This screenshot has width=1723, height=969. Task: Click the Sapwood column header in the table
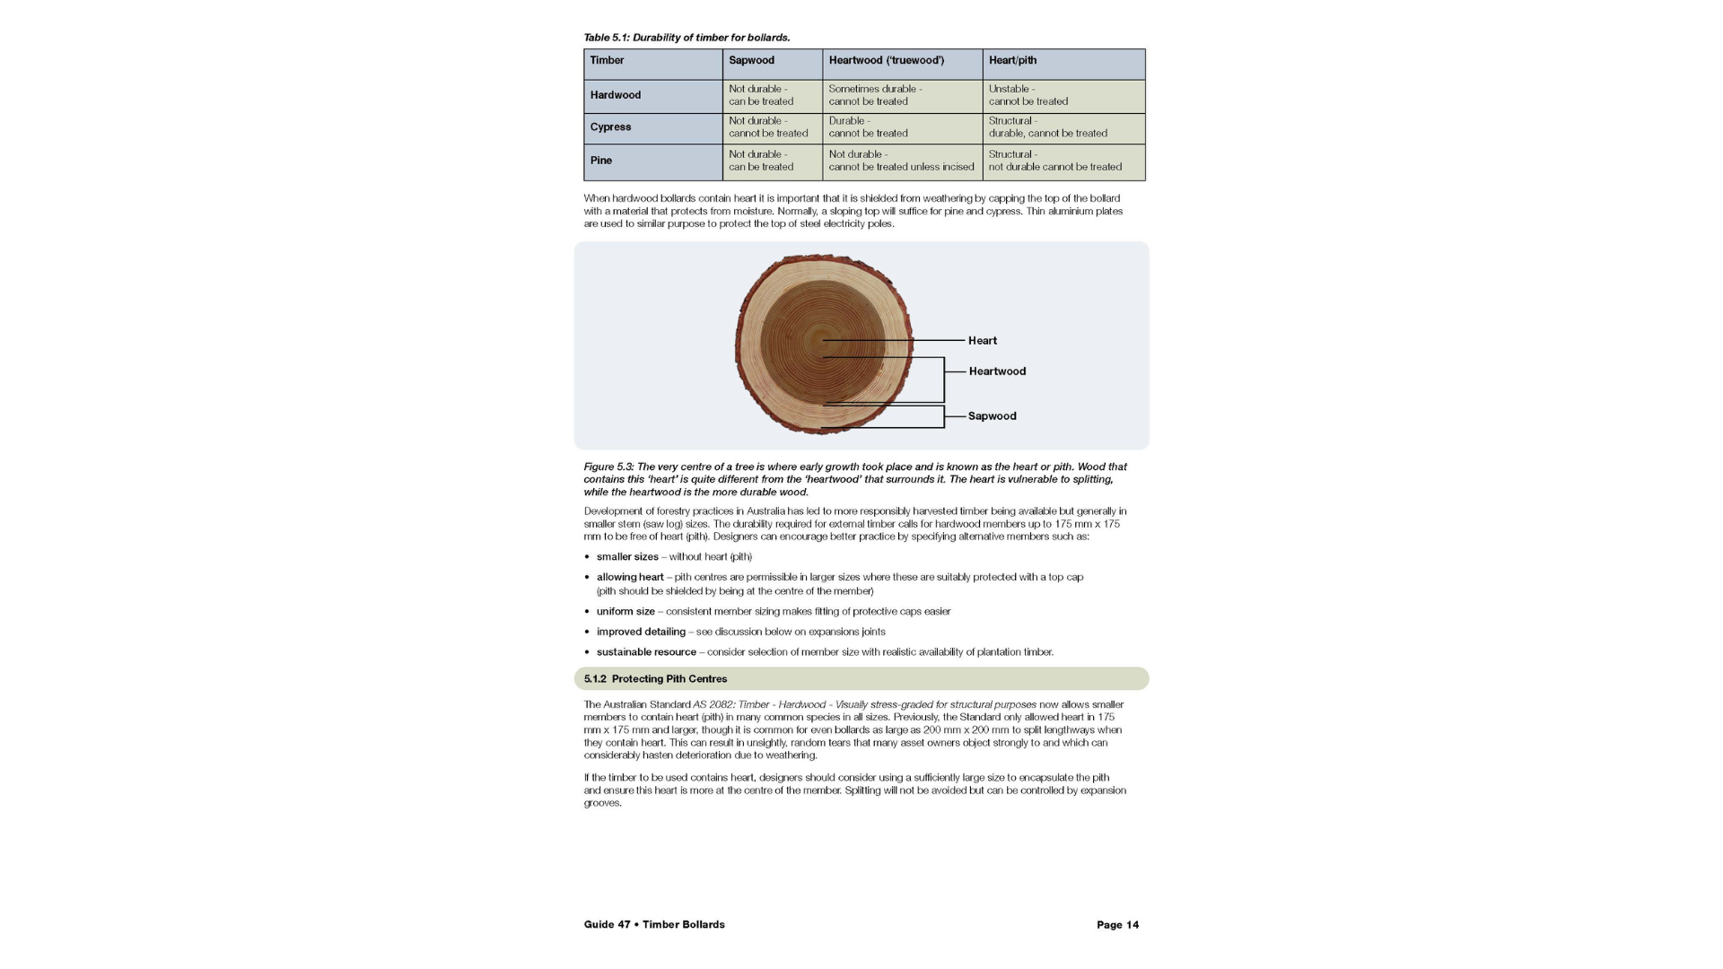[751, 60]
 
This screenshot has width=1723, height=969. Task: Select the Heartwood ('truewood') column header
[886, 60]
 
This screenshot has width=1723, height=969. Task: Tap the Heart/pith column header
[1012, 60]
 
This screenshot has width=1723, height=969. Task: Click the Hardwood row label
[616, 95]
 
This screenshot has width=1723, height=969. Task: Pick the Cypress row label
[610, 127]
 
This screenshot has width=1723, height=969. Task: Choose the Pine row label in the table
[601, 161]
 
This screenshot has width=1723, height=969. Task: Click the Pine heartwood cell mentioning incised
[901, 161]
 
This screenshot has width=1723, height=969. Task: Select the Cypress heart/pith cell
[1047, 127]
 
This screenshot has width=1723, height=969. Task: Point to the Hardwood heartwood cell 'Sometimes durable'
[875, 95]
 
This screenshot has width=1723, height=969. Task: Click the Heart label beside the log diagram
[983, 341]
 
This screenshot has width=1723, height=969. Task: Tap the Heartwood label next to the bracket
[997, 371]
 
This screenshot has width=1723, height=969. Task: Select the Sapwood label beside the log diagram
[992, 416]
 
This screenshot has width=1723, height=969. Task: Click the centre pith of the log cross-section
[819, 341]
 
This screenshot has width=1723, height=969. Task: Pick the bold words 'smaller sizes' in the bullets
[627, 557]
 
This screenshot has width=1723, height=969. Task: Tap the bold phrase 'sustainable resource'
[646, 652]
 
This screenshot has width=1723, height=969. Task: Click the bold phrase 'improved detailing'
[641, 632]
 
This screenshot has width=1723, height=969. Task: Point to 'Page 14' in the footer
[1117, 925]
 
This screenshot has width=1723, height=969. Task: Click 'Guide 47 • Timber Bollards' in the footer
[654, 925]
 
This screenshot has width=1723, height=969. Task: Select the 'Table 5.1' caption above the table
[687, 38]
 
